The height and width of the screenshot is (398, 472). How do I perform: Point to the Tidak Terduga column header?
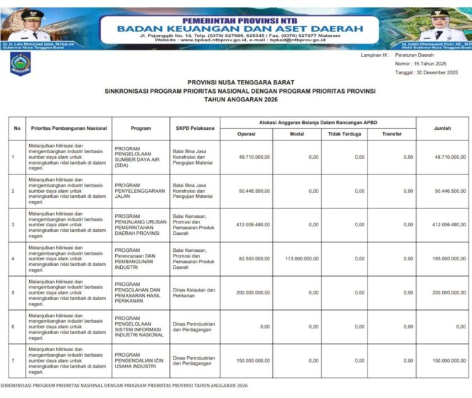pos(343,133)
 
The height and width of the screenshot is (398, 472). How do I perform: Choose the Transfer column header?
pos(392,133)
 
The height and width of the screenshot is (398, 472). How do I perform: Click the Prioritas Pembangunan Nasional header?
pos(68,128)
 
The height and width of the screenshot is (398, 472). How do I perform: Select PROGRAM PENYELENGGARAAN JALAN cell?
pos(139,191)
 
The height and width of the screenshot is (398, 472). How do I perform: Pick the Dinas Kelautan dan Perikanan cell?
pos(192,292)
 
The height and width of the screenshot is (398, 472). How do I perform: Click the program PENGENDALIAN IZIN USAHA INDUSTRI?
pos(139,360)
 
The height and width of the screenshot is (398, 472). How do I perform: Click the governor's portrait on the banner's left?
pos(30,24)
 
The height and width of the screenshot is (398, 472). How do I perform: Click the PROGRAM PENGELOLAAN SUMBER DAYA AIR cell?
pos(139,157)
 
